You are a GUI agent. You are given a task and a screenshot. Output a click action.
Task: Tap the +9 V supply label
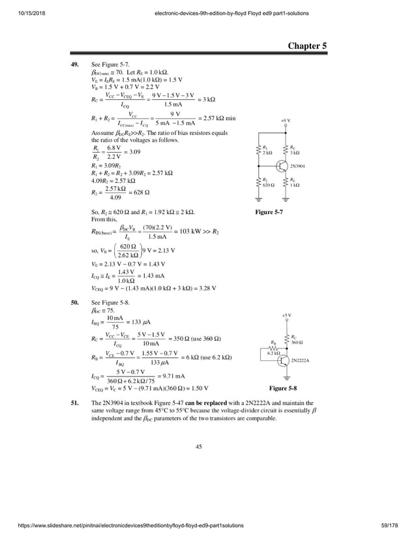286,121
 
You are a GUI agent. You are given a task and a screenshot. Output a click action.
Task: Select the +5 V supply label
286,315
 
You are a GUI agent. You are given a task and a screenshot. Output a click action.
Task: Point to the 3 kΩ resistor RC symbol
287,149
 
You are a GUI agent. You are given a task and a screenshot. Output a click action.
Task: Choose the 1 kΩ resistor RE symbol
287,183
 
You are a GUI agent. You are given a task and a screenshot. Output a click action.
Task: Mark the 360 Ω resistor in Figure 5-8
287,339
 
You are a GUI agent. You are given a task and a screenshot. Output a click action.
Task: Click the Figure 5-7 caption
269,213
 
